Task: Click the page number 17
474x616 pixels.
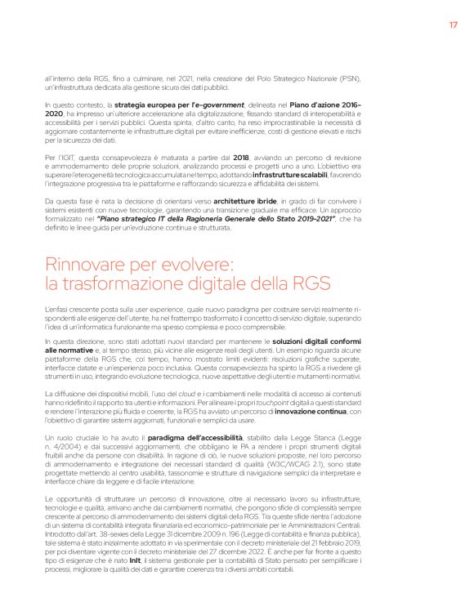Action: [452, 25]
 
